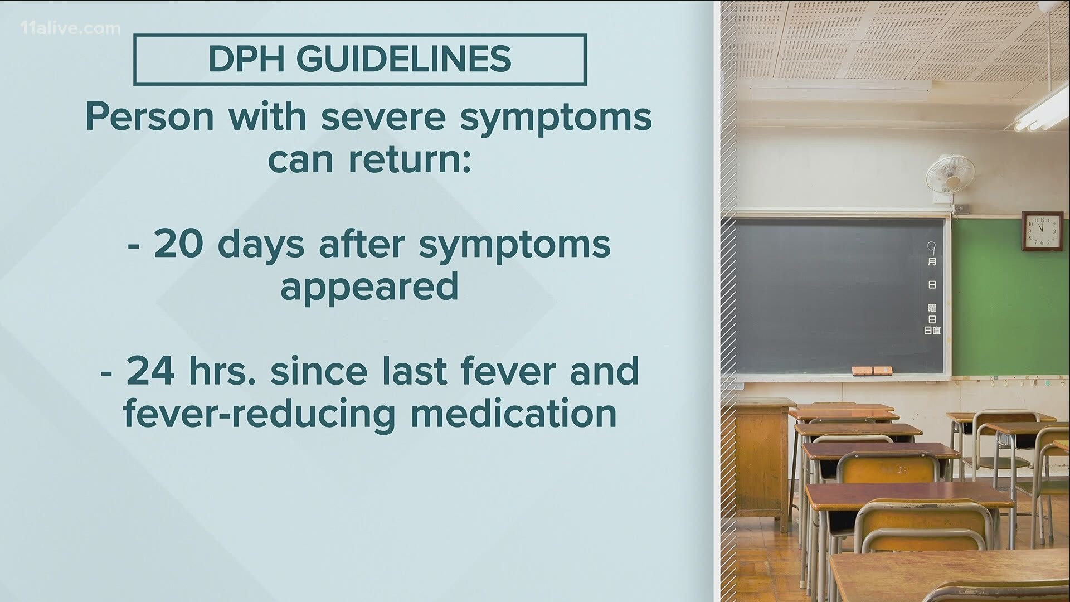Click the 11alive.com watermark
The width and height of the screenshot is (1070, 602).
tap(62, 28)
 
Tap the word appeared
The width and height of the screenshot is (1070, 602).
tap(369, 288)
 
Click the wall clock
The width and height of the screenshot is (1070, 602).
tap(1039, 231)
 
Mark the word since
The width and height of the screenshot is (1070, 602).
tap(318, 370)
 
